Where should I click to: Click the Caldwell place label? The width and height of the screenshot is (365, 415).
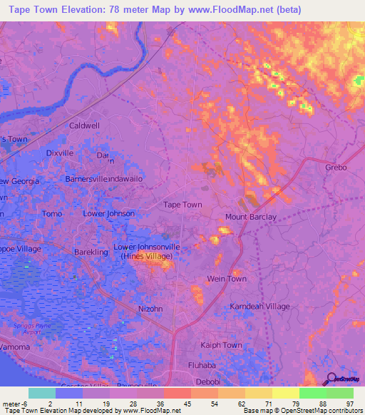click(x=84, y=125)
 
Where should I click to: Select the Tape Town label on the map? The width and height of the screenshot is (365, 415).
click(x=183, y=205)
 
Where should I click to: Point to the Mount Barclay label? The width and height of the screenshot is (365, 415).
click(x=251, y=217)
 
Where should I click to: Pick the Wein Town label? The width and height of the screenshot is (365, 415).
click(x=227, y=279)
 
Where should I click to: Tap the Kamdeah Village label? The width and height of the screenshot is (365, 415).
click(x=260, y=307)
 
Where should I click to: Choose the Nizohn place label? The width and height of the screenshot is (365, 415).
click(x=150, y=309)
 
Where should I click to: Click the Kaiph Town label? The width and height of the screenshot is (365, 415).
click(x=222, y=345)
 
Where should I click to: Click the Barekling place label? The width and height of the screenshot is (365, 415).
click(x=91, y=252)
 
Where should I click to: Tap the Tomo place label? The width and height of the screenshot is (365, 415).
click(x=53, y=214)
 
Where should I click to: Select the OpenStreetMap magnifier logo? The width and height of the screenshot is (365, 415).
click(x=329, y=379)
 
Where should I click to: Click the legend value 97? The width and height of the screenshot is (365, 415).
click(x=349, y=403)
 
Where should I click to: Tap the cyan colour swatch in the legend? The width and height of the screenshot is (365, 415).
click(x=41, y=393)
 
